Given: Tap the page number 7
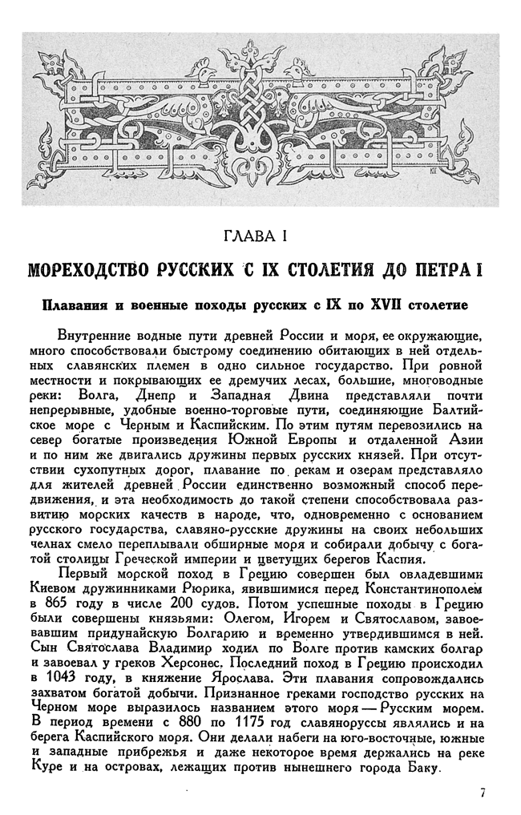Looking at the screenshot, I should click(483, 793).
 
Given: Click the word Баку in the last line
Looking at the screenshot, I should click(422, 768).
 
